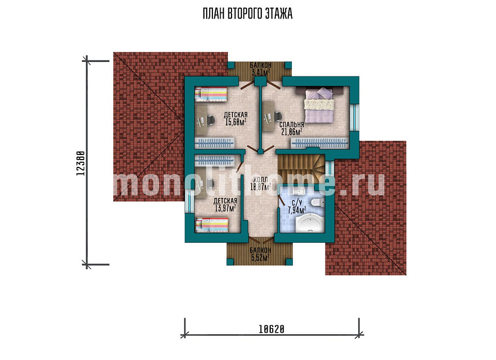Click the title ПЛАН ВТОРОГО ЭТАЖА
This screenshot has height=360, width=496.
click(x=247, y=14)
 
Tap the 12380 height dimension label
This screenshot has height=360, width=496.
click(x=81, y=163)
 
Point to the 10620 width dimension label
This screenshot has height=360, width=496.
click(x=272, y=330)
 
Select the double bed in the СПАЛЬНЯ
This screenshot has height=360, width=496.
click(x=319, y=105)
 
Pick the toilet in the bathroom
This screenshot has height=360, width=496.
click(x=317, y=202)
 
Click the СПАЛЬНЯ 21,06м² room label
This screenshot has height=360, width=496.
click(x=291, y=129)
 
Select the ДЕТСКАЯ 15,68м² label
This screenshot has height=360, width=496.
click(x=236, y=118)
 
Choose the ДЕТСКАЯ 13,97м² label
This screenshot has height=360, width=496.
click(x=225, y=205)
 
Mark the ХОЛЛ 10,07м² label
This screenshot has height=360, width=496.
click(x=260, y=183)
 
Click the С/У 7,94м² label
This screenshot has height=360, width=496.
click(x=297, y=207)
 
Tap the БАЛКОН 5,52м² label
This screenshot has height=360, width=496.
click(x=260, y=254)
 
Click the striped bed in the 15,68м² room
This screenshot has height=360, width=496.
click(x=210, y=95)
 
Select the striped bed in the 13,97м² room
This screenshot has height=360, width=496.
click(x=212, y=225)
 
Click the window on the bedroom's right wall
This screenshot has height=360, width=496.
click(x=354, y=117)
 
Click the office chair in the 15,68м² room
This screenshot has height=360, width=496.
click(x=211, y=120)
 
